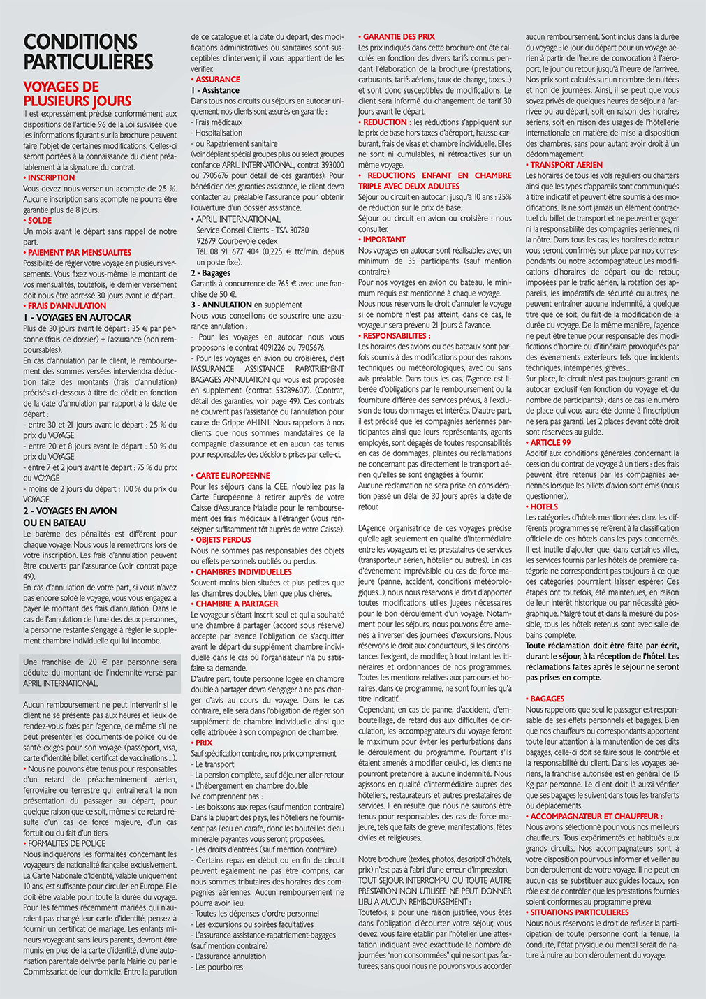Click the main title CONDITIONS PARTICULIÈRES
click(x=88, y=52)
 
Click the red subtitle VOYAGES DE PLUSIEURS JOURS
click(x=77, y=94)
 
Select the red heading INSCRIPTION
click(x=51, y=178)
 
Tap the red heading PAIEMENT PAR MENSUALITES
click(x=80, y=253)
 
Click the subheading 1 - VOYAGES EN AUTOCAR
click(x=77, y=317)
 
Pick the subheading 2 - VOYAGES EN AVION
click(x=70, y=511)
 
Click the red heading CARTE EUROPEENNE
click(x=233, y=476)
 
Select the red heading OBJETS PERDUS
click(x=223, y=540)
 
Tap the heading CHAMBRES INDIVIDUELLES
click(x=243, y=572)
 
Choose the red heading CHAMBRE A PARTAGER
click(x=237, y=604)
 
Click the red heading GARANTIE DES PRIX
click(x=399, y=36)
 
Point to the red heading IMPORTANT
click(x=384, y=240)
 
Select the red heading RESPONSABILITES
click(x=396, y=336)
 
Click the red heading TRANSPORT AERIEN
click(x=566, y=166)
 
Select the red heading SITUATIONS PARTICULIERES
click(x=580, y=912)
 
